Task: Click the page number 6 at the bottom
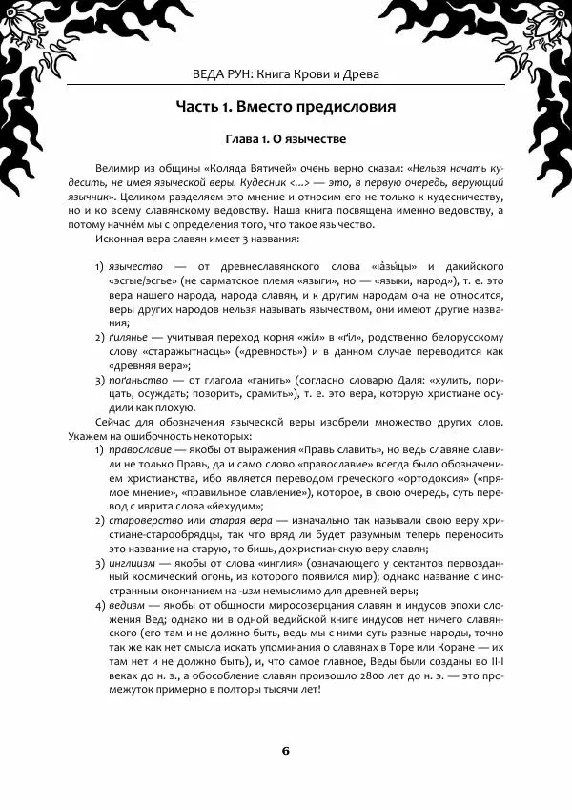pos(285,749)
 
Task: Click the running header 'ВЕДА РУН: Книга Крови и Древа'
pos(285,73)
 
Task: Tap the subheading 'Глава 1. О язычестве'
pos(285,138)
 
